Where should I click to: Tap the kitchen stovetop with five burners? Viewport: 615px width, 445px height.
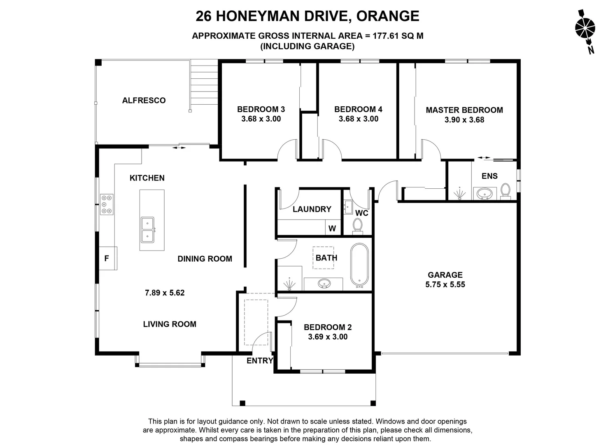(x=107, y=204)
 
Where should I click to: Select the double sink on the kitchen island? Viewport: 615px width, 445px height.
(x=147, y=230)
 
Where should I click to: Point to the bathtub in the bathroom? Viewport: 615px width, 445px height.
(x=359, y=265)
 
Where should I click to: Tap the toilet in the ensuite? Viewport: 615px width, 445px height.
(x=505, y=191)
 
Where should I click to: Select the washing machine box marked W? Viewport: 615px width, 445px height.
(x=333, y=228)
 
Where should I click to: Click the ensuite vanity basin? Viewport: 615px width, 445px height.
(x=485, y=194)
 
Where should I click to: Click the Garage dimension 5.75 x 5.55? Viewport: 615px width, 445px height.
(x=445, y=284)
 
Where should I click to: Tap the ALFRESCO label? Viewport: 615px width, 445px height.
(x=144, y=100)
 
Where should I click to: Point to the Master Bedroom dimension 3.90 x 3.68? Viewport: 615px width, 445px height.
(x=464, y=120)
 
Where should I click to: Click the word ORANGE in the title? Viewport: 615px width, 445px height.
(x=388, y=16)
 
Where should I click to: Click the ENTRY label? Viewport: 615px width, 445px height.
(x=260, y=361)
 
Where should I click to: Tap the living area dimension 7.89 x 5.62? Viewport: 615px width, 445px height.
(x=165, y=293)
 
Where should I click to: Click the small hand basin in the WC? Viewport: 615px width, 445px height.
(x=348, y=207)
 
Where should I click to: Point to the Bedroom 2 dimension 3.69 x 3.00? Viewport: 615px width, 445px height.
(x=328, y=337)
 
